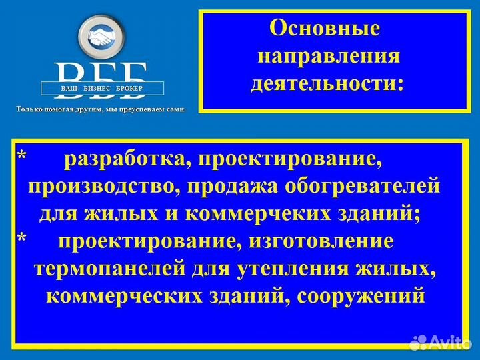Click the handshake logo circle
(102, 37)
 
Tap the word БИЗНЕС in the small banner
(101, 88)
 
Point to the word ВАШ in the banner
(70, 88)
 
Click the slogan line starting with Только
(101, 108)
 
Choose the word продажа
(227, 187)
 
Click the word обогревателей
(359, 187)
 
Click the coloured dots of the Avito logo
(418, 343)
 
